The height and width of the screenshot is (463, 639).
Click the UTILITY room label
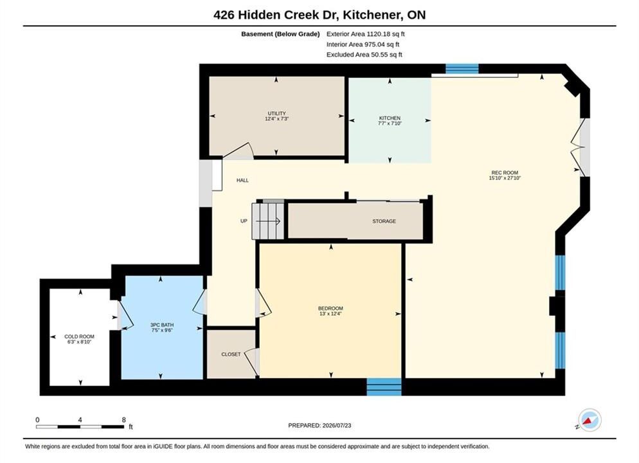(276, 113)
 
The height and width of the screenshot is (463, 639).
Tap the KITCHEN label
(390, 118)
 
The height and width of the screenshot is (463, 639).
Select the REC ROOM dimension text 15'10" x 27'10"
(505, 177)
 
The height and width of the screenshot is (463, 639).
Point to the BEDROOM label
(330, 308)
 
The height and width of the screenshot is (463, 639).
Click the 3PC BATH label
(162, 325)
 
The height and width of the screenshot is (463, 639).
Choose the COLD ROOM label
(79, 336)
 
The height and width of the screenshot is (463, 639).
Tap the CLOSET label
(231, 354)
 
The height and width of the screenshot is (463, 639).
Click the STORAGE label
(384, 221)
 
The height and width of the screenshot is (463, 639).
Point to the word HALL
(242, 180)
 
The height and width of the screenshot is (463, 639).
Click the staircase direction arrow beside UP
(267, 221)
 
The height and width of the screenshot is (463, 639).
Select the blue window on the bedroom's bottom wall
(384, 386)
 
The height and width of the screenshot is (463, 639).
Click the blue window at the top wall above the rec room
(462, 68)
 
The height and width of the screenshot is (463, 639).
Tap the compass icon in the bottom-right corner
(589, 420)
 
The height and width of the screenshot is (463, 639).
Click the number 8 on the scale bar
(123, 419)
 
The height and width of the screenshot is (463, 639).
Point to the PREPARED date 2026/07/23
(337, 425)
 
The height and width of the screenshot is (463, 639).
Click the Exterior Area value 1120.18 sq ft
(386, 34)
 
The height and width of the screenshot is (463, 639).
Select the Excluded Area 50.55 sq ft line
(364, 54)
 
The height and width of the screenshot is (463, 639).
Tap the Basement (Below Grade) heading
(280, 34)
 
